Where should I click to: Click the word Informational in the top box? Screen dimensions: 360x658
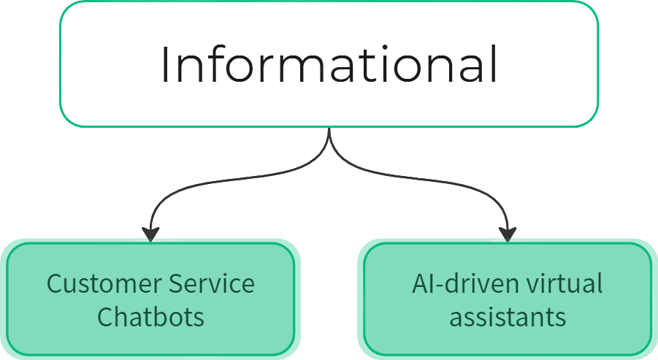[329, 65]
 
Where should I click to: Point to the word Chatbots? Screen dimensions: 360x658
[150, 318]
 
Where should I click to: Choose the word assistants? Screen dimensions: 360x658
[508, 318]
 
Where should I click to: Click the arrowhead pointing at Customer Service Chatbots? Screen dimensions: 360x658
[150, 234]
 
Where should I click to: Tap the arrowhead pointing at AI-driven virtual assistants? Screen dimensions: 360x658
[508, 234]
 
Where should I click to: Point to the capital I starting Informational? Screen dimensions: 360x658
[166, 65]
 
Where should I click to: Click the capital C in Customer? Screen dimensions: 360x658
[54, 283]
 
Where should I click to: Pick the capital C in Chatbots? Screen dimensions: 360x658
[104, 318]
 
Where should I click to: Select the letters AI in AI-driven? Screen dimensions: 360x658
[421, 283]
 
